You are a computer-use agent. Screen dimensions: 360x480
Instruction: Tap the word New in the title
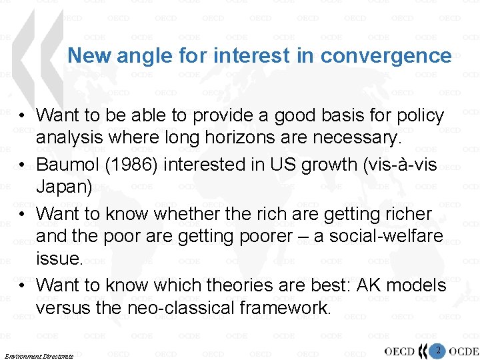91,55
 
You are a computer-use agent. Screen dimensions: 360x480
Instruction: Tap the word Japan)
64,187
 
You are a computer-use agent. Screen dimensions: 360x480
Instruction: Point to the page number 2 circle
438,350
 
